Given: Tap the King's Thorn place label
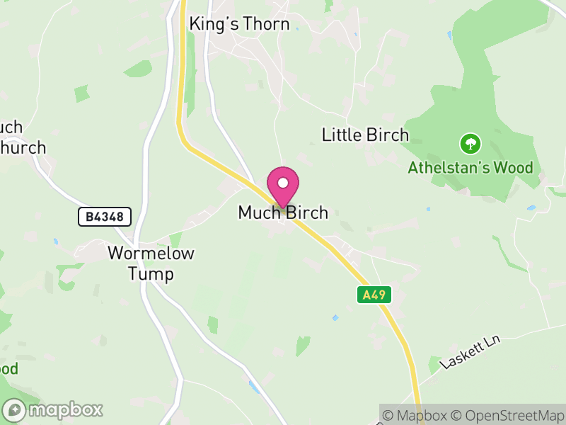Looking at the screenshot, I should point(239,24).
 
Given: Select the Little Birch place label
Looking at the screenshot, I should point(365,135).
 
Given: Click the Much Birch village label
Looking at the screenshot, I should point(283,212).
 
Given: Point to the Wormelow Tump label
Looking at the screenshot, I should point(151,263).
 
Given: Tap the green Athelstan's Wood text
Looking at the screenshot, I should point(470,169).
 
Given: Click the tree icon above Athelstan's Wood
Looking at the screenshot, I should point(470,144).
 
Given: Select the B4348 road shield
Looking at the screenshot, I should point(105,217).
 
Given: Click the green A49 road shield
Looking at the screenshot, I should point(374,295).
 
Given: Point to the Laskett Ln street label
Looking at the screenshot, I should point(470,352).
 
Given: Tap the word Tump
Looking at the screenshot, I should point(151,273).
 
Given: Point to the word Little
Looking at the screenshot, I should point(342,135).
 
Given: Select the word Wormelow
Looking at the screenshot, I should point(151,253).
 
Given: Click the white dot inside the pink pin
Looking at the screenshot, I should point(283,183).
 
